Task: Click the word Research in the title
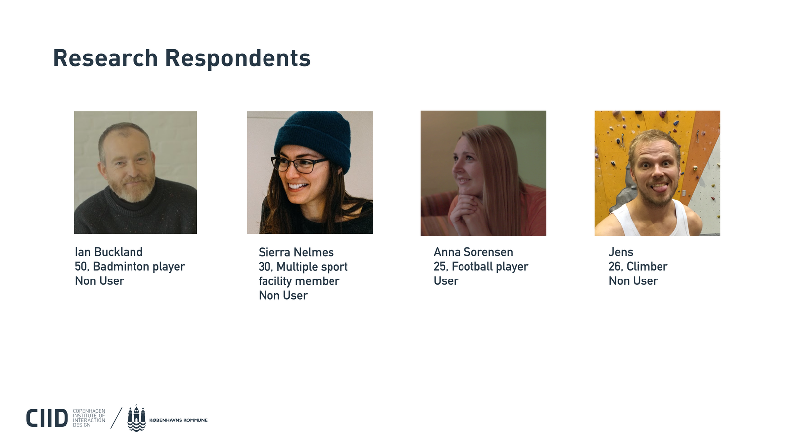105,58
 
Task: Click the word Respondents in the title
238,58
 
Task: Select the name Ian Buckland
109,252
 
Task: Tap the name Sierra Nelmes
296,252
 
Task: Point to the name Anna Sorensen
473,252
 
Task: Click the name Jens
621,252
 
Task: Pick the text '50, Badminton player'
130,267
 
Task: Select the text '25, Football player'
481,267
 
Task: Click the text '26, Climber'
638,267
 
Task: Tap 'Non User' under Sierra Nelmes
283,295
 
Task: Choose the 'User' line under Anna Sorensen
446,281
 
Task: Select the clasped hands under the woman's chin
467,209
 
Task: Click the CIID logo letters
47,418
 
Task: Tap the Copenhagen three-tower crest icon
136,418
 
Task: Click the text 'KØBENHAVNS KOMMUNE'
178,420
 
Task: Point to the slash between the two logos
116,418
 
